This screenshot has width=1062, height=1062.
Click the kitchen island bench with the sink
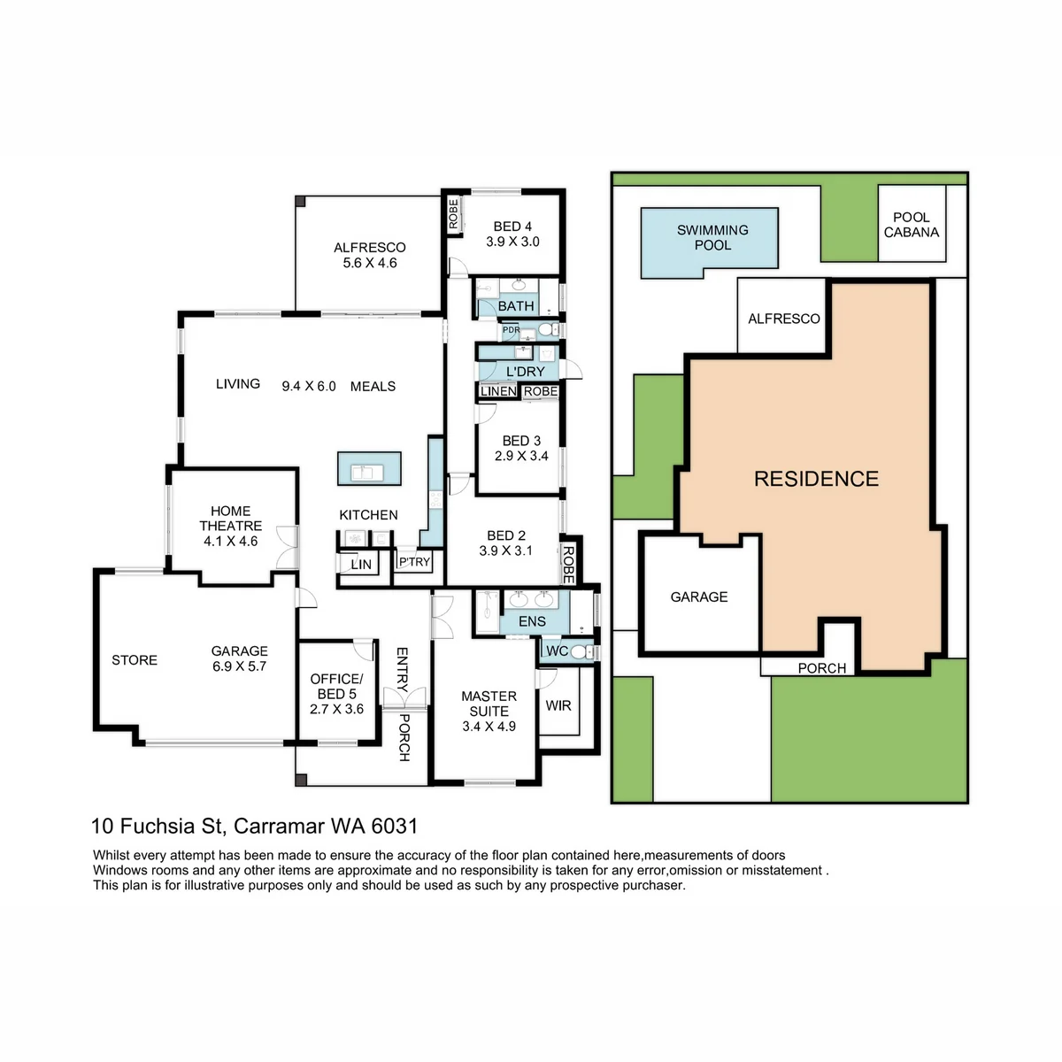click(x=369, y=468)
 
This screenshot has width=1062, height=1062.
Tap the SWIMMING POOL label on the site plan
click(x=712, y=237)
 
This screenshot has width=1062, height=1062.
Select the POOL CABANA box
click(x=912, y=223)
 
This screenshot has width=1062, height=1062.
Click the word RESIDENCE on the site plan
click(x=816, y=479)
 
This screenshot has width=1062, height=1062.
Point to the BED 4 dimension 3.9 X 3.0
click(x=512, y=242)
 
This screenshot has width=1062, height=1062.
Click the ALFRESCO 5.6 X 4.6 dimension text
click(x=370, y=263)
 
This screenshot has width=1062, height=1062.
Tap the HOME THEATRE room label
click(x=230, y=519)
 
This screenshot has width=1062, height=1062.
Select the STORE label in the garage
click(x=135, y=659)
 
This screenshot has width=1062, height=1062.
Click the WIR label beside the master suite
click(x=558, y=705)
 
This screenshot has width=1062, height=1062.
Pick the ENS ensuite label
click(x=532, y=621)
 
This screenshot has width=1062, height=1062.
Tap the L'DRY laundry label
click(x=525, y=372)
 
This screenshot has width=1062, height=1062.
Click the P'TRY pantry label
click(x=414, y=562)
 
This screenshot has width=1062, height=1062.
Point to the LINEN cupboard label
click(x=498, y=391)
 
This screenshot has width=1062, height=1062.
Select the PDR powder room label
click(x=511, y=329)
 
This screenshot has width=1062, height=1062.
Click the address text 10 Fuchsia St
click(x=157, y=826)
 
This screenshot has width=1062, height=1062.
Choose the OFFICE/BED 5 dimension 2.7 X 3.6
click(x=336, y=709)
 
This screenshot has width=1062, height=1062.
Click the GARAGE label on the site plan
click(x=699, y=596)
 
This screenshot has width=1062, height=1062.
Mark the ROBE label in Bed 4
click(x=453, y=214)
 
